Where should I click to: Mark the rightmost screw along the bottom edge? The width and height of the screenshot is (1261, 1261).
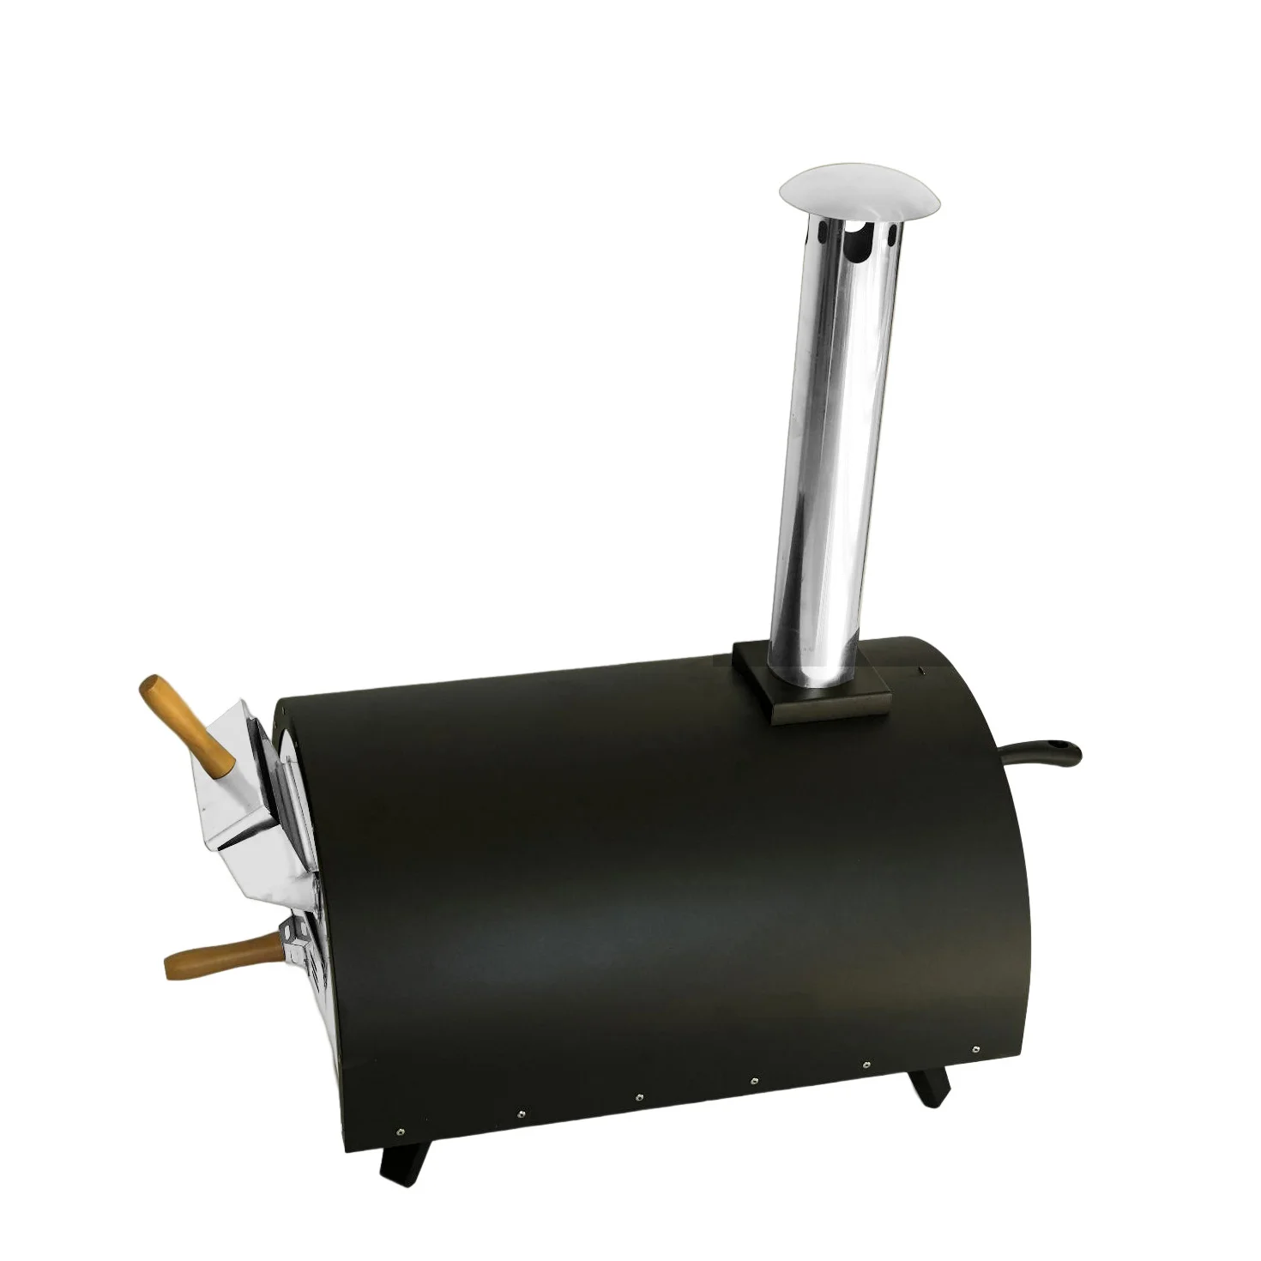coord(976,1048)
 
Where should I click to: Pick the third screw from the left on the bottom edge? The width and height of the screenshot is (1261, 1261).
coord(639,1097)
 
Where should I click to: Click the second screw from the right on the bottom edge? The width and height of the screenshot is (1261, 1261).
coord(866,1065)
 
